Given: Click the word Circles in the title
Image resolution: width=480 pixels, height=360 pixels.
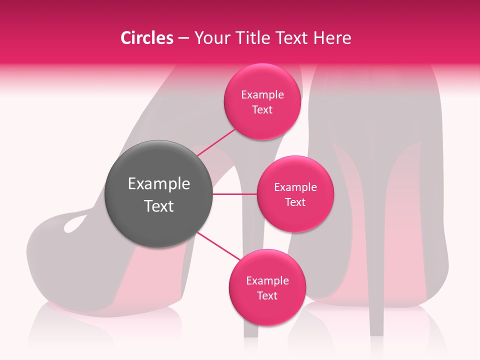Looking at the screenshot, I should click(147, 38).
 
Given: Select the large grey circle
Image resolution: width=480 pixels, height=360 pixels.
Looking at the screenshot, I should click(159, 194).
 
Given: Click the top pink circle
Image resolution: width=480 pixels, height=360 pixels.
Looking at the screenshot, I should click(262, 102).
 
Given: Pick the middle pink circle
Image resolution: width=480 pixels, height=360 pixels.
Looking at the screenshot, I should click(295, 194).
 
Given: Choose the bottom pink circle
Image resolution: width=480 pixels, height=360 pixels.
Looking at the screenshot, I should click(267, 287).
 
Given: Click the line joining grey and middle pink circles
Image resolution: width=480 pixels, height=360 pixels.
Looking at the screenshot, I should click(234, 194).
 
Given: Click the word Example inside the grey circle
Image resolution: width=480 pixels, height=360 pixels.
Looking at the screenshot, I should click(159, 184).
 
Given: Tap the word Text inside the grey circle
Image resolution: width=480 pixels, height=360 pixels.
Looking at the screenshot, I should click(159, 206).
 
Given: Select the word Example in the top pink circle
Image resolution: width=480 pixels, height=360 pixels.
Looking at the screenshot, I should click(262, 95).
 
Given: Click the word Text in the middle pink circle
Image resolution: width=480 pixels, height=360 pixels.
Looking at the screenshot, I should click(295, 202).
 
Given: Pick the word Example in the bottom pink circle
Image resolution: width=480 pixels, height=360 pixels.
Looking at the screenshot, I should click(267, 280).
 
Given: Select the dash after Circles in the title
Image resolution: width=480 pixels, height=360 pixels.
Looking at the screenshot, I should click(183, 38).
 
